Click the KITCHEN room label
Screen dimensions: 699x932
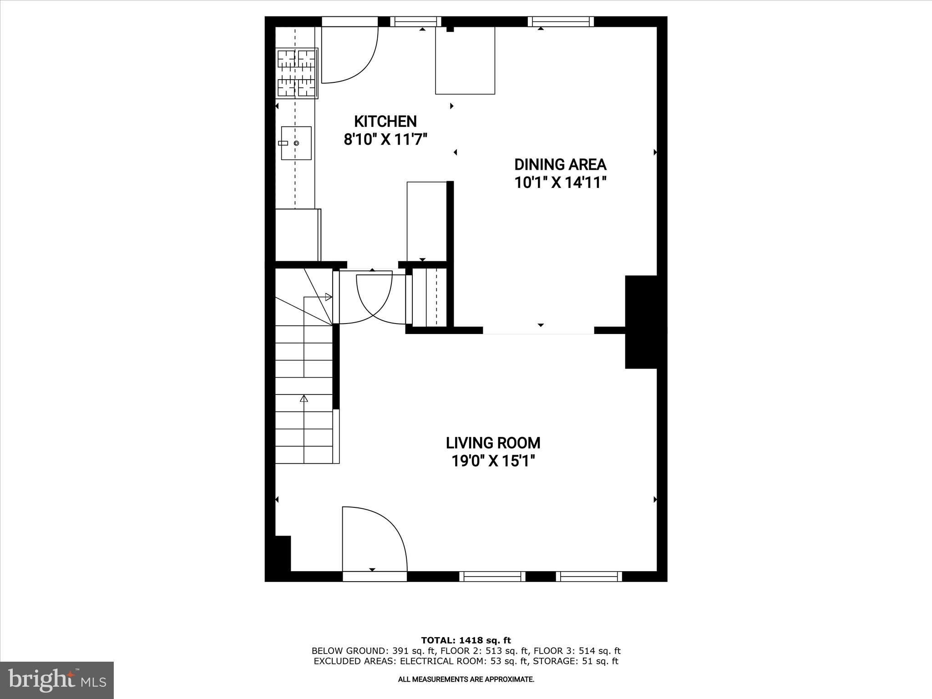(x=385, y=122)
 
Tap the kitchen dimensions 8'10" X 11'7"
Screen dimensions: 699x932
(x=385, y=139)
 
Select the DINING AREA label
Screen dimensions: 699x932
(x=560, y=164)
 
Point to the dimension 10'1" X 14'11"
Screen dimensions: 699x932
(x=560, y=183)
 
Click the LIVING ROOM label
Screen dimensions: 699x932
(x=493, y=443)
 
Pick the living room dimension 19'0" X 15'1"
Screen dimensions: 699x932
(x=493, y=461)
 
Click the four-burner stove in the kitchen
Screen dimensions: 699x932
(x=297, y=73)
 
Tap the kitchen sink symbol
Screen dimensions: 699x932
(x=296, y=143)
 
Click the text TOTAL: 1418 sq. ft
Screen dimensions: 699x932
(x=466, y=641)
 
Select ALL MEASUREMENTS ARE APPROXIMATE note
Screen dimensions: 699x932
(x=466, y=679)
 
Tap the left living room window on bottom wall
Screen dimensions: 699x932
(x=492, y=577)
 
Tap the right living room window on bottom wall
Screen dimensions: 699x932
(x=589, y=577)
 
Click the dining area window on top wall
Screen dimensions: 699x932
(x=561, y=21)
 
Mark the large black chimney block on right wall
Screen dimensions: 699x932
(x=641, y=322)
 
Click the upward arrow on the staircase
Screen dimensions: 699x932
(x=304, y=399)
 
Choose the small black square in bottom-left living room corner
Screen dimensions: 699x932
(x=283, y=553)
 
